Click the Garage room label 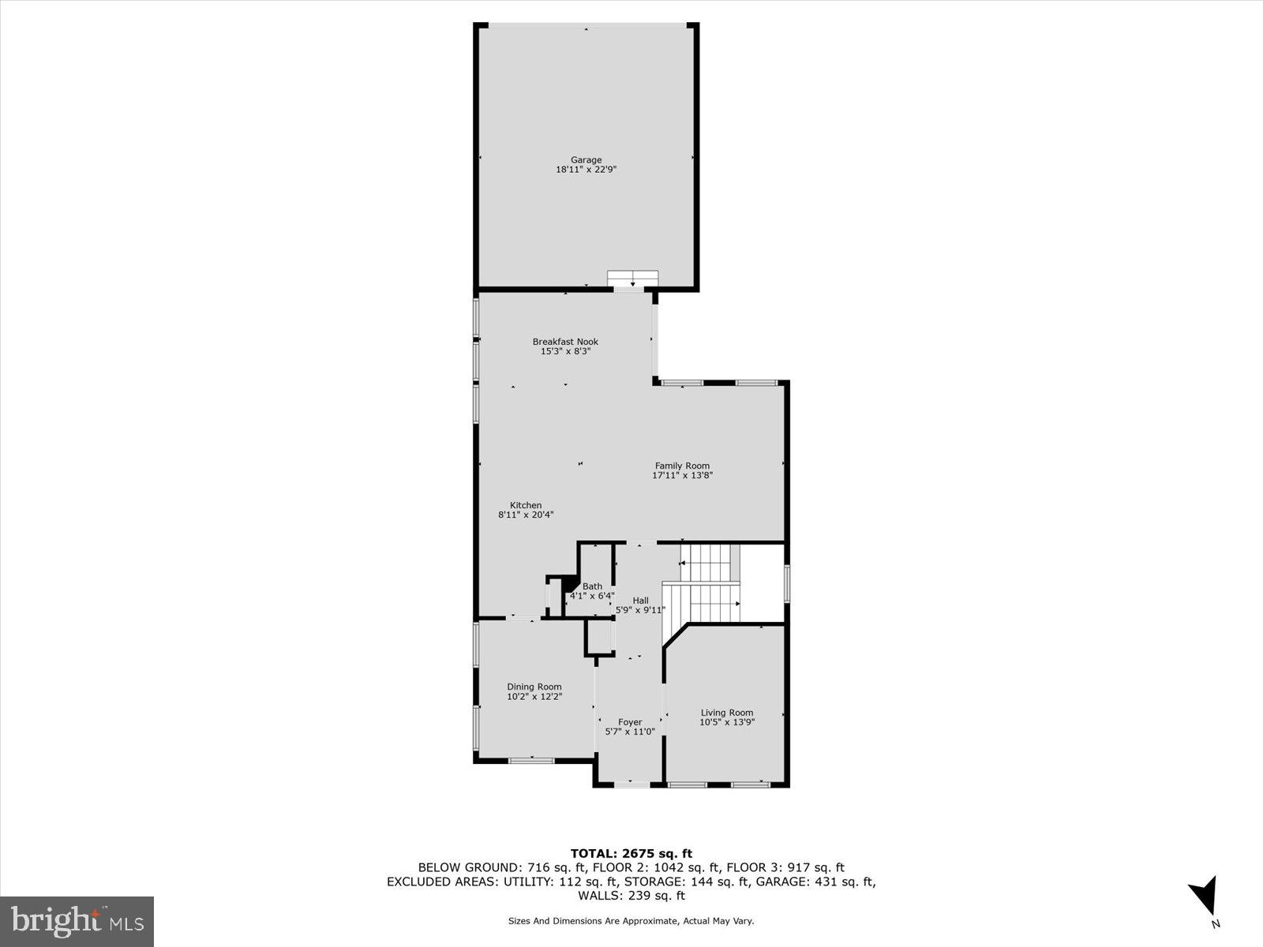tap(586, 159)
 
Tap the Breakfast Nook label tap(565, 342)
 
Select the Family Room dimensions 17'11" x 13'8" tap(682, 476)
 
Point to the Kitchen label tap(526, 505)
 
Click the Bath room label tap(592, 586)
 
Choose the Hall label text tap(640, 601)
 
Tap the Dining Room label tap(534, 687)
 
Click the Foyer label tap(630, 722)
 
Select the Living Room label tap(727, 713)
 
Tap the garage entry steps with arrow tap(632, 279)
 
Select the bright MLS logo tap(77, 921)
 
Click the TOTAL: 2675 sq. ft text tap(631, 853)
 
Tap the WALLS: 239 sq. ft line tap(631, 896)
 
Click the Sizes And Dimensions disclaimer tap(631, 921)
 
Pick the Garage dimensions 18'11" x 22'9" tap(586, 169)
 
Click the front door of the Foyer tap(631, 784)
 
